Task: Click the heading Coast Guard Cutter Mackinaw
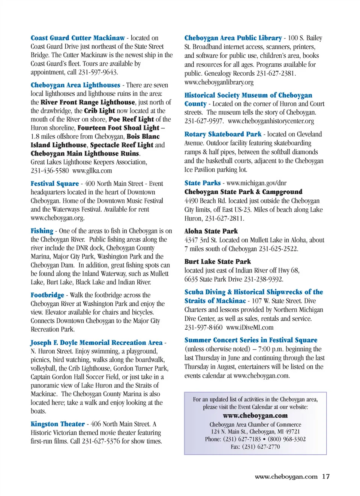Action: point(78,38)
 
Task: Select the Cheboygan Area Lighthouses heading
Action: point(75,85)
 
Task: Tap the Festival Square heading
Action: point(55,184)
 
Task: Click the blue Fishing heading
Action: point(42,231)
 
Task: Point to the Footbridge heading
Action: point(47,295)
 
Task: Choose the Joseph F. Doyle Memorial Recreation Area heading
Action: point(97,342)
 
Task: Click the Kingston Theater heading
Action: point(58,424)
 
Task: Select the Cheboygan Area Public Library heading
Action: point(233,38)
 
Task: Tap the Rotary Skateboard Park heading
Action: point(223,134)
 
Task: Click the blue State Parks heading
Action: point(202,183)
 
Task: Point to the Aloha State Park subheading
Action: point(211,231)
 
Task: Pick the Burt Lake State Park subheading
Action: point(217,261)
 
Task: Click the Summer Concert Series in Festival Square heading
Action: point(250,340)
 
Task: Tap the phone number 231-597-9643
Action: point(98,72)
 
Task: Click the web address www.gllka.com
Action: point(92,171)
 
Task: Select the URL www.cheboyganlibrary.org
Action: point(219,82)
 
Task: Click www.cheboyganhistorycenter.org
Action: point(271,121)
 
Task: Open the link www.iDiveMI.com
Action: point(250,327)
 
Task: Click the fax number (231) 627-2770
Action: point(261,447)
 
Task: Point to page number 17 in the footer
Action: point(326,477)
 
